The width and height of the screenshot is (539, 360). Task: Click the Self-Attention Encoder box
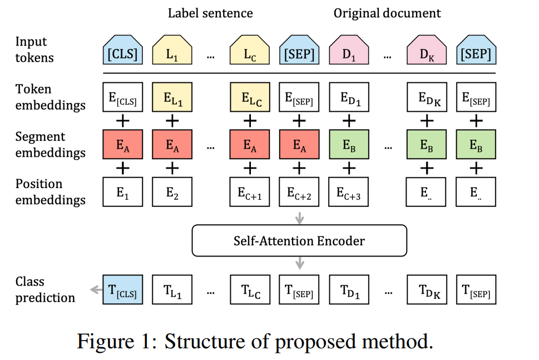click(x=299, y=241)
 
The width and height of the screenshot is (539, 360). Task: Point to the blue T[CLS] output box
click(x=123, y=289)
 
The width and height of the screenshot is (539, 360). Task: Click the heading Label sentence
click(x=210, y=13)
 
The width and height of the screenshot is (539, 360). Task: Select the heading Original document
click(x=387, y=13)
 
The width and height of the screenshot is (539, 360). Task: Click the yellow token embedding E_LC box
click(x=250, y=98)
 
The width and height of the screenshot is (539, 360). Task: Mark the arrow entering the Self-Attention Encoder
click(x=299, y=219)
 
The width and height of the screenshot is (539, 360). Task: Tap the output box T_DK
click(x=427, y=289)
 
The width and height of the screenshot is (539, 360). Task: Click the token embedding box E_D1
click(x=349, y=98)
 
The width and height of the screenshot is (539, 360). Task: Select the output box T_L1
click(x=172, y=289)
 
